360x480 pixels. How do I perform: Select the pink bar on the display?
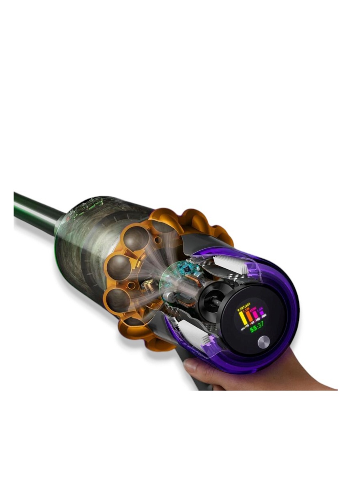pos(256,318)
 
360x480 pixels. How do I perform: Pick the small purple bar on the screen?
pos(262,319)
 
